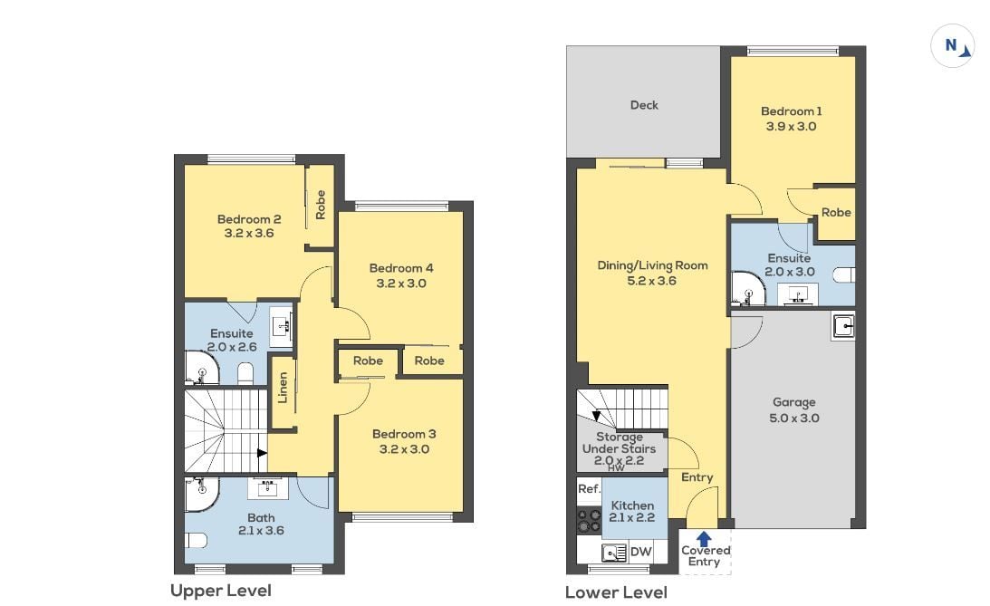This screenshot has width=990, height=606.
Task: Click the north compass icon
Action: (x=952, y=46)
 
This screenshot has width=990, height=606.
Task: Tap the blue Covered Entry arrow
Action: (x=704, y=538)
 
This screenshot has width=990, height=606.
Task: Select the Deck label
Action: (x=644, y=105)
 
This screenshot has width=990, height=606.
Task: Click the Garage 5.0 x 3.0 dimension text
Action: (x=794, y=418)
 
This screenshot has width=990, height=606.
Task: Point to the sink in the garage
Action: (x=842, y=326)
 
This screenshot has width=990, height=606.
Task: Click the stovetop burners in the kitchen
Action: (x=589, y=520)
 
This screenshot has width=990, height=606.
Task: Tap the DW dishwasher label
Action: (x=641, y=551)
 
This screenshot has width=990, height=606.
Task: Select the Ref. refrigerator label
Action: (x=589, y=488)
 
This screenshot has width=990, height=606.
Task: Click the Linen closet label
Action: (x=283, y=388)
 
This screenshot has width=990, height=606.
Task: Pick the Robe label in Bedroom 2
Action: (x=320, y=205)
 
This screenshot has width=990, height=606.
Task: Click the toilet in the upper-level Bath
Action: (x=196, y=541)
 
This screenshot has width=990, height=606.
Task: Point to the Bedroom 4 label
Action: (x=401, y=267)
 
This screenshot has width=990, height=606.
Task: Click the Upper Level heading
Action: (x=220, y=591)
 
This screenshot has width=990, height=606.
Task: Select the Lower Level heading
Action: (x=616, y=592)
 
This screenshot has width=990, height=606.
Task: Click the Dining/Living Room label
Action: (x=652, y=265)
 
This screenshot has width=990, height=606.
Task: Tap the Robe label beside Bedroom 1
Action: (x=836, y=213)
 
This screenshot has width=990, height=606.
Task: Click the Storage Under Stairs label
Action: (x=620, y=443)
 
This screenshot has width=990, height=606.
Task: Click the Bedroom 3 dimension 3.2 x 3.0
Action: (x=404, y=449)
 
